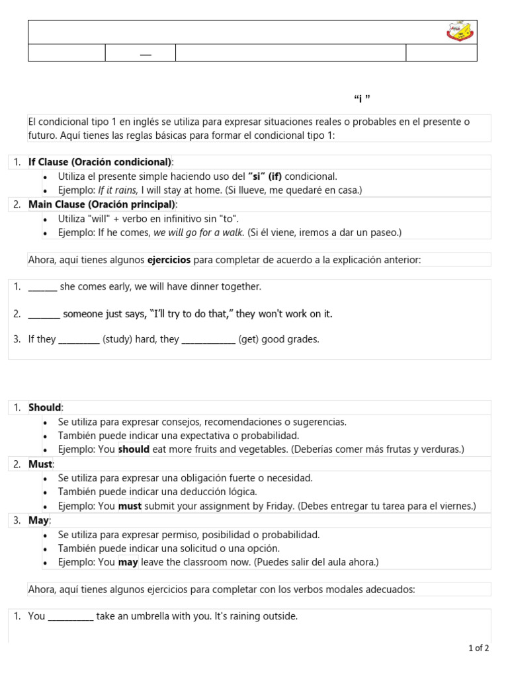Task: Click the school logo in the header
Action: (x=460, y=32)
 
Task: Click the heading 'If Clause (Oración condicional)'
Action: (x=100, y=163)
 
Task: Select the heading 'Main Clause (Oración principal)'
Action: (x=102, y=204)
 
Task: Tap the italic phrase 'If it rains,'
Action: (x=118, y=190)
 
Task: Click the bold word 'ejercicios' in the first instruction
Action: (x=169, y=260)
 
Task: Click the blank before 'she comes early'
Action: (x=42, y=287)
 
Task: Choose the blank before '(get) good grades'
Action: (x=208, y=340)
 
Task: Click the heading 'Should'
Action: (x=45, y=408)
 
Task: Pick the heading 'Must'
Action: (x=40, y=464)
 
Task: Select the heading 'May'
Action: (x=38, y=520)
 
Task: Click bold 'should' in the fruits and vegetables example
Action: (x=134, y=450)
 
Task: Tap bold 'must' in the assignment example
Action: (x=130, y=506)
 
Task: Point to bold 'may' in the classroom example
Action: (x=128, y=563)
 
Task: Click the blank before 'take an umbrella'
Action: (x=71, y=617)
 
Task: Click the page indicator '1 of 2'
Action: (x=478, y=649)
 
